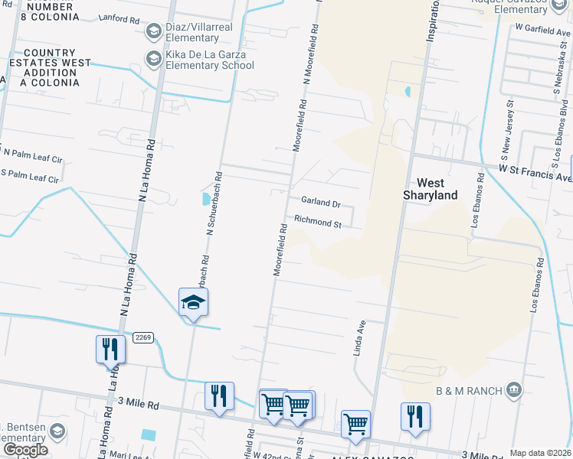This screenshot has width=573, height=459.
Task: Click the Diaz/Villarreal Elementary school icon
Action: pos(154,30)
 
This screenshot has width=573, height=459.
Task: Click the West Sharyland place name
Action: pos(431,189)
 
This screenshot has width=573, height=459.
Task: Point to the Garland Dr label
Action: pos(320,203)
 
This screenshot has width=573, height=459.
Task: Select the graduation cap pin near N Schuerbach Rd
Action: pos(194,303)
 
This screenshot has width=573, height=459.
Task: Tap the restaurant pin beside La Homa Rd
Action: pos(110,349)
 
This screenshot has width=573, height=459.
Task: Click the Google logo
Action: pos(25,450)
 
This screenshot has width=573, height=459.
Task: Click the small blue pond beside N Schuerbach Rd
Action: pos(205,199)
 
